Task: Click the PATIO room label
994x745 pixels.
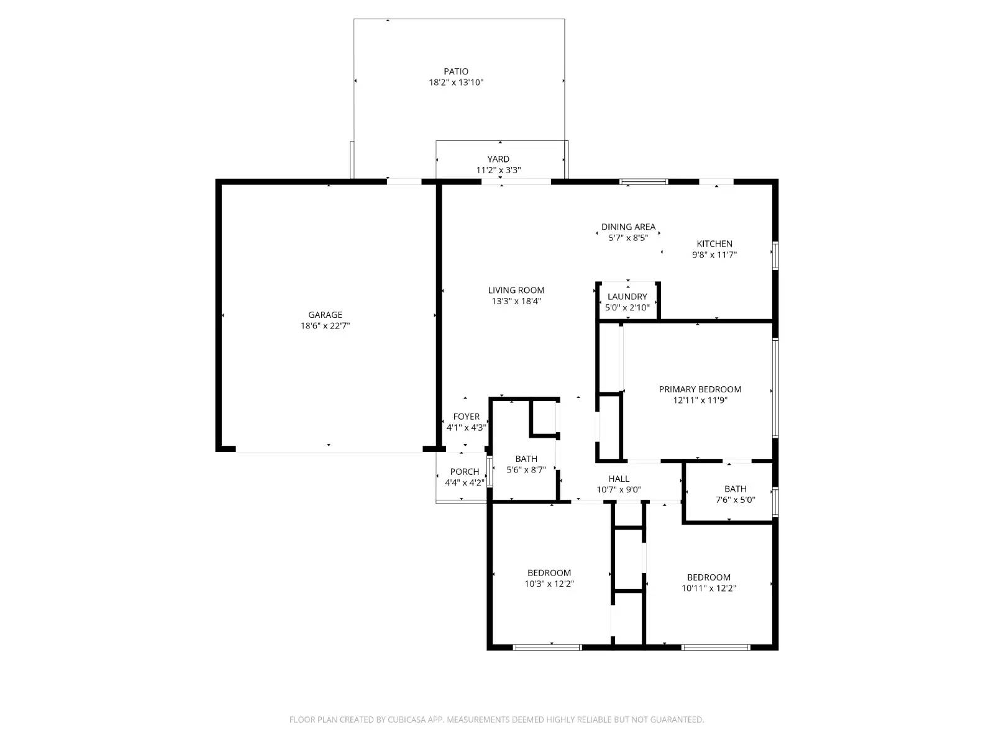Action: [x=455, y=71]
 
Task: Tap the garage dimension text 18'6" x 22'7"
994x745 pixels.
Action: [x=325, y=326]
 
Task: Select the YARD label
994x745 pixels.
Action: [x=498, y=159]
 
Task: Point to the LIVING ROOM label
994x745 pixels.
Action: [x=516, y=291]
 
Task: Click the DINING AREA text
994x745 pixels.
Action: [x=628, y=227]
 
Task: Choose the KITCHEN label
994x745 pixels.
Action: [x=714, y=244]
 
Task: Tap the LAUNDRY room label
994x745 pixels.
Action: [x=627, y=297]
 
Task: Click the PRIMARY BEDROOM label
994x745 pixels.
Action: [x=700, y=389]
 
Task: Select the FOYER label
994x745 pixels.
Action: [x=466, y=417]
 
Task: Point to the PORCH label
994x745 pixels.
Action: [x=465, y=472]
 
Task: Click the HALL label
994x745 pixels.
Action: [x=619, y=479]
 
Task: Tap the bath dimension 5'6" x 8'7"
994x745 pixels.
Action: [x=526, y=470]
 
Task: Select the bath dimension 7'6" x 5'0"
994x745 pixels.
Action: [x=735, y=500]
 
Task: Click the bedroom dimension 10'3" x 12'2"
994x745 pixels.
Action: [x=549, y=584]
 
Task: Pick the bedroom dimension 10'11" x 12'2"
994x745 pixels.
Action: [x=709, y=589]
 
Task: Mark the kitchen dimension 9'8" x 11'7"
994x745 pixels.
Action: [x=714, y=255]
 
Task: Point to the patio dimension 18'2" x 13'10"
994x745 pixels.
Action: [x=456, y=83]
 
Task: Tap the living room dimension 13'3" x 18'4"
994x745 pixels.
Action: [x=516, y=301]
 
